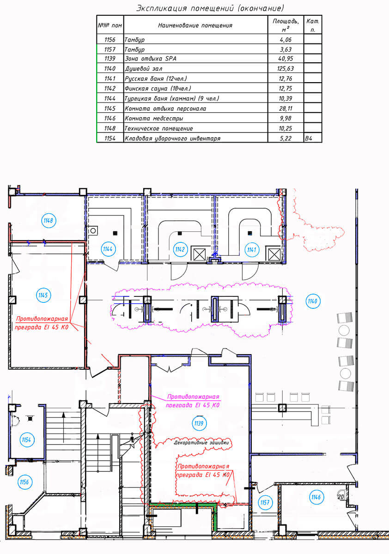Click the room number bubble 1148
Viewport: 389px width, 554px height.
tap(49, 220)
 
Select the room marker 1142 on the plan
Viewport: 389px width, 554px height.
tap(180, 250)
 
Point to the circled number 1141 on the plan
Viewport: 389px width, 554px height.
tap(252, 250)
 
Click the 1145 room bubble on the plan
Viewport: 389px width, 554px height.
tap(43, 295)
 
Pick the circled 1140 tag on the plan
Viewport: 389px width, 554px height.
tap(313, 301)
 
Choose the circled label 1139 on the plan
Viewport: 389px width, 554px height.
tap(200, 422)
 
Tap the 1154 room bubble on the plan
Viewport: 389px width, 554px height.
tap(26, 440)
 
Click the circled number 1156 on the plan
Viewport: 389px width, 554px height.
tap(24, 482)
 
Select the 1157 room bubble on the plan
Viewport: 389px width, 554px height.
tap(265, 502)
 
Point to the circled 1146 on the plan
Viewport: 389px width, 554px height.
tap(316, 497)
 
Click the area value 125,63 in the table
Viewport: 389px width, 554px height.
tap(286, 69)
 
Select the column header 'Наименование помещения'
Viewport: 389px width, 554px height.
tap(195, 25)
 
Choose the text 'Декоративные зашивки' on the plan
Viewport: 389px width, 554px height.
tap(202, 442)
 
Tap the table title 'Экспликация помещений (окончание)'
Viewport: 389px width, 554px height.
tap(210, 8)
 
